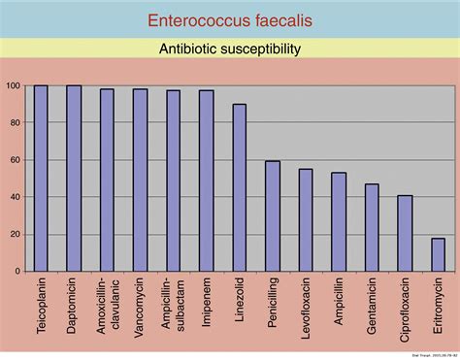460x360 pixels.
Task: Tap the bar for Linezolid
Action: click(239, 188)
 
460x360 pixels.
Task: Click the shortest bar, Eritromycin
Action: click(438, 254)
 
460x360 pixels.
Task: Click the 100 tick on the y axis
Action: click(14, 86)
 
